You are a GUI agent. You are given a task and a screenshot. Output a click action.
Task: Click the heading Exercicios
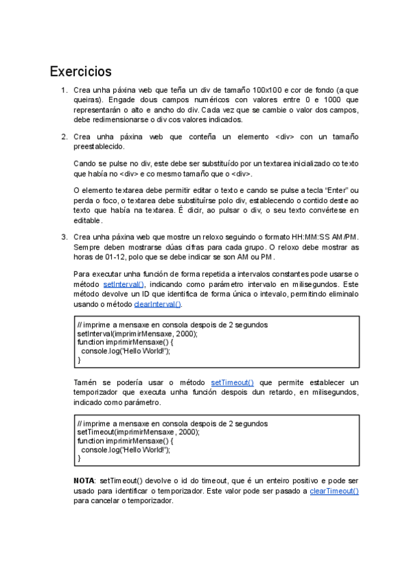click(80, 72)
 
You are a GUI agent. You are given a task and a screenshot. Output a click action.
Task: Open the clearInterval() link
click(157, 304)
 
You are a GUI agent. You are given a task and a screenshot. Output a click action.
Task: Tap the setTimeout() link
click(232, 382)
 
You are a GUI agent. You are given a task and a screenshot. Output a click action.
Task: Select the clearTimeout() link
click(334, 491)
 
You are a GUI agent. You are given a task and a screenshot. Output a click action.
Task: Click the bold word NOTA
click(84, 481)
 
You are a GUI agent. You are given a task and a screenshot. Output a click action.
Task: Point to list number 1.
click(63, 90)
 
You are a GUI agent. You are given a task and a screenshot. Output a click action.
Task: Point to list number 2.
click(63, 136)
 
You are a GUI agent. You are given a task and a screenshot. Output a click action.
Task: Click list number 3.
click(63, 237)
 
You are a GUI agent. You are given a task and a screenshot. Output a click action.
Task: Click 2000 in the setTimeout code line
click(187, 431)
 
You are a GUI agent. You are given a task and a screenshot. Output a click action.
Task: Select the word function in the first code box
click(91, 343)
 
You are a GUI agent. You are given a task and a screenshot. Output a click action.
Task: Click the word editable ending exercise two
click(87, 220)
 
